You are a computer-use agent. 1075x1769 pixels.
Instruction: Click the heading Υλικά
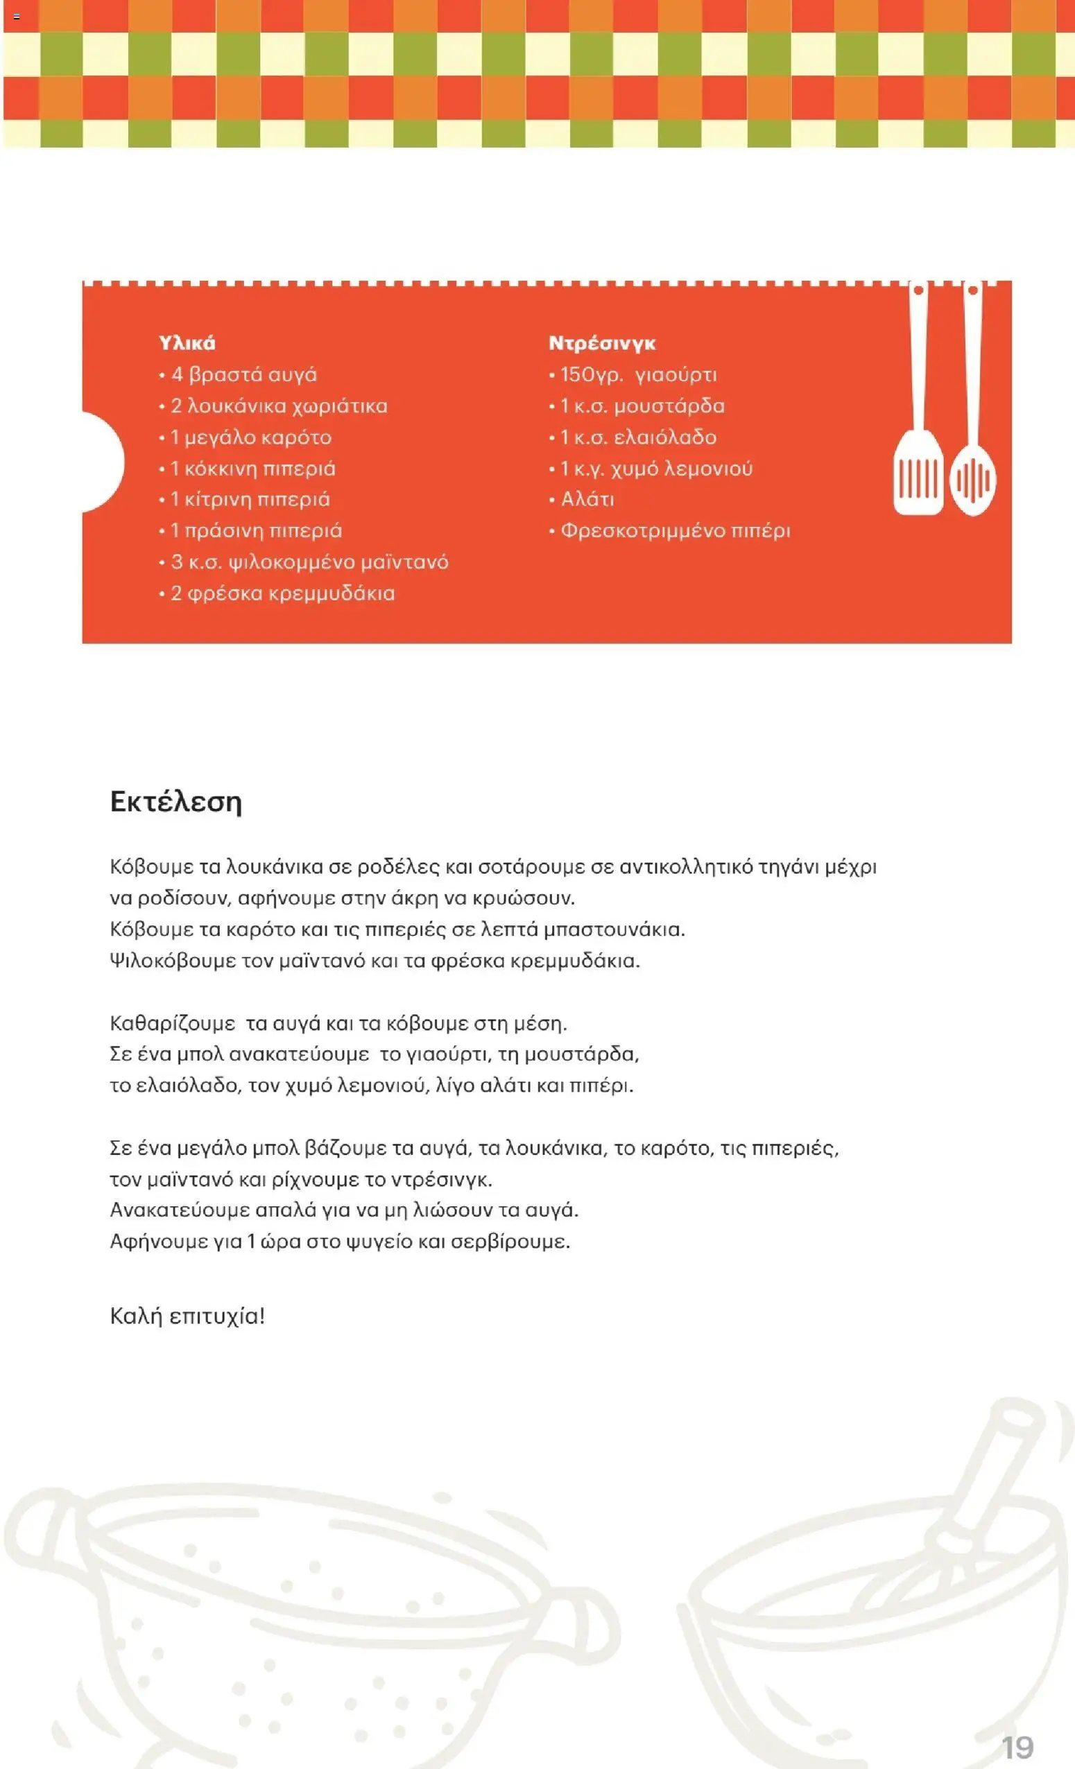(187, 343)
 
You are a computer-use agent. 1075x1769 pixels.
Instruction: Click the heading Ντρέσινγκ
(602, 343)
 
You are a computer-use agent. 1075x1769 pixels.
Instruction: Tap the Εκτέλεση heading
(176, 801)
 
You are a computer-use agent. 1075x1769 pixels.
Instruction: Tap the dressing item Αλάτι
(587, 500)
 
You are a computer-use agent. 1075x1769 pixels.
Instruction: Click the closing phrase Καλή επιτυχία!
(187, 1316)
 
